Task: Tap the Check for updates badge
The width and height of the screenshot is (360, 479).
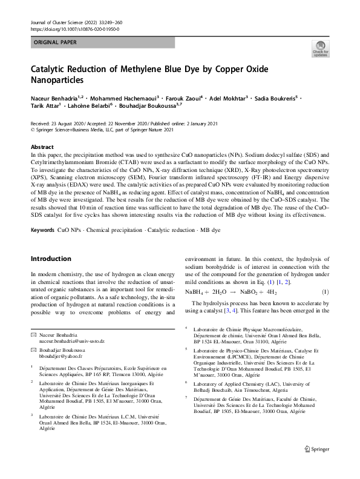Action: (320, 50)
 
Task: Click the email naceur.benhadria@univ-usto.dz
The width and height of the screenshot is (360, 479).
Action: (71, 342)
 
